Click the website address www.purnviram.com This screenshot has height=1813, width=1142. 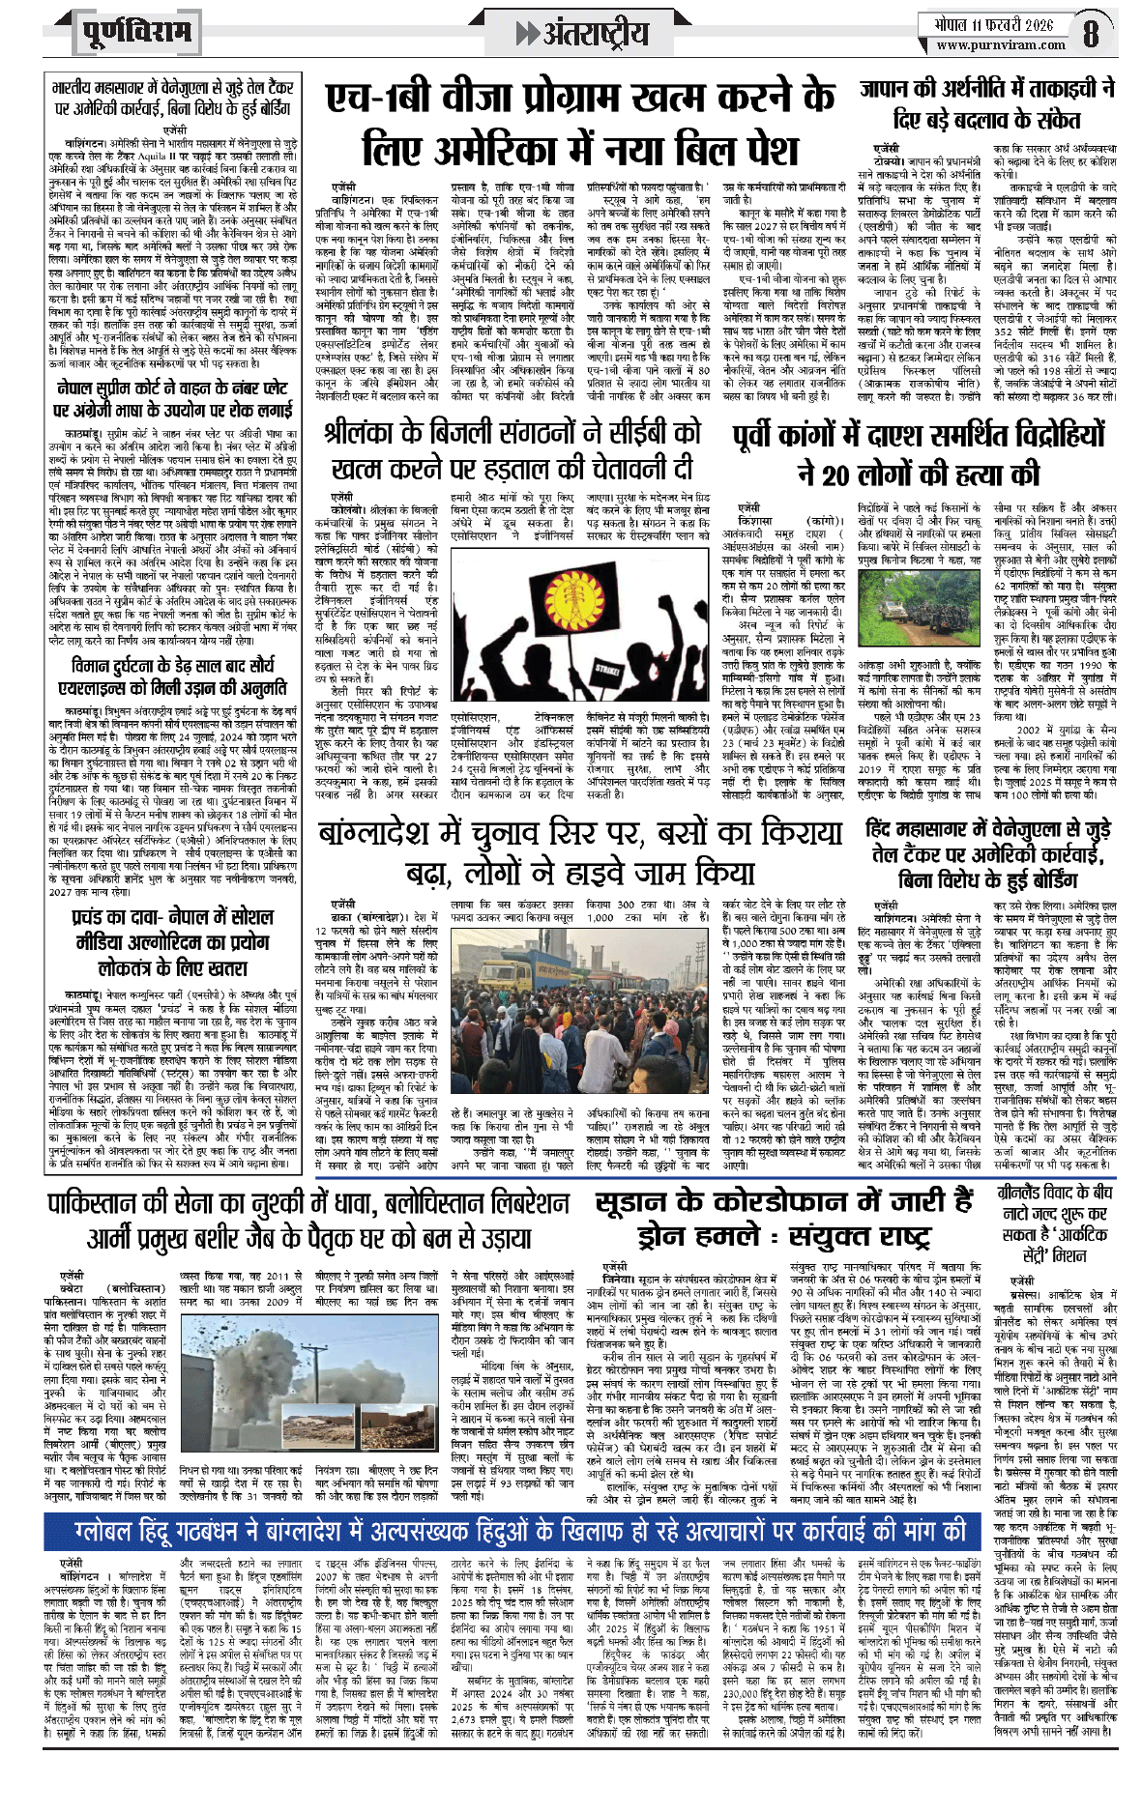[1000, 44]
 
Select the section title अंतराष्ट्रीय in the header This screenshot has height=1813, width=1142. [595, 35]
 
